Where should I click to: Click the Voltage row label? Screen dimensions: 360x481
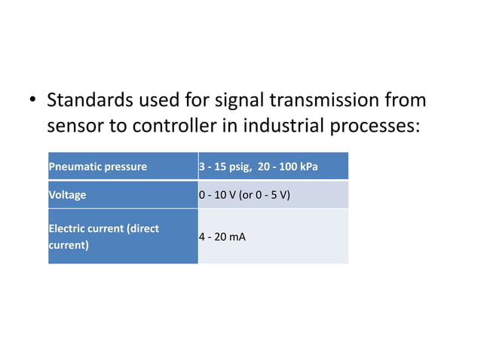(67, 194)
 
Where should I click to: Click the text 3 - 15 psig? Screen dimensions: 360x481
(224, 166)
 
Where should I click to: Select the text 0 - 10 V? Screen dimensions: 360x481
(216, 194)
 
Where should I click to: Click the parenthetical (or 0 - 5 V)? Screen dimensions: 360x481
(265, 194)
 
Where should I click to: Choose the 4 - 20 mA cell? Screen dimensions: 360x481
(222, 236)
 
